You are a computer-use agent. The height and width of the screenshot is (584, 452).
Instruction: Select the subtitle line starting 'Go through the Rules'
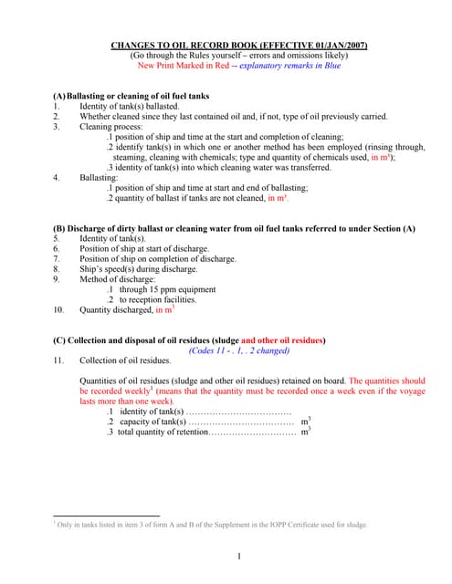pyautogui.click(x=226, y=55)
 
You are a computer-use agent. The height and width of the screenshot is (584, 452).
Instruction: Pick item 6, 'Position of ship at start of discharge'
pyautogui.click(x=151, y=248)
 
